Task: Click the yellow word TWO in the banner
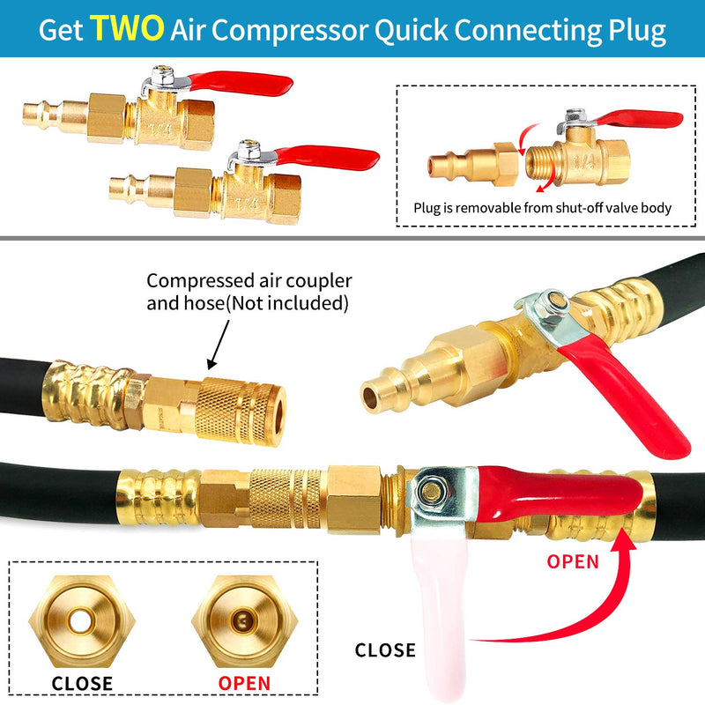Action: (126, 28)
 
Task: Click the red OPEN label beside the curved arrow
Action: (573, 561)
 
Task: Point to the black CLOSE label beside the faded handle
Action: (385, 650)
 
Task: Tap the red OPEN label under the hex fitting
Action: (244, 684)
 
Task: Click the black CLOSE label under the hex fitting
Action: (82, 684)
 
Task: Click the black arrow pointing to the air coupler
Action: (218, 345)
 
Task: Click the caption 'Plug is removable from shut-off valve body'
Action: (542, 208)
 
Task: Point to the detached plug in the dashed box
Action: (472, 165)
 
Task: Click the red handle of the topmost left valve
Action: (241, 84)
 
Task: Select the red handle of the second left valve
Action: (327, 158)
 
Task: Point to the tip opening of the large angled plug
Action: (370, 397)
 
